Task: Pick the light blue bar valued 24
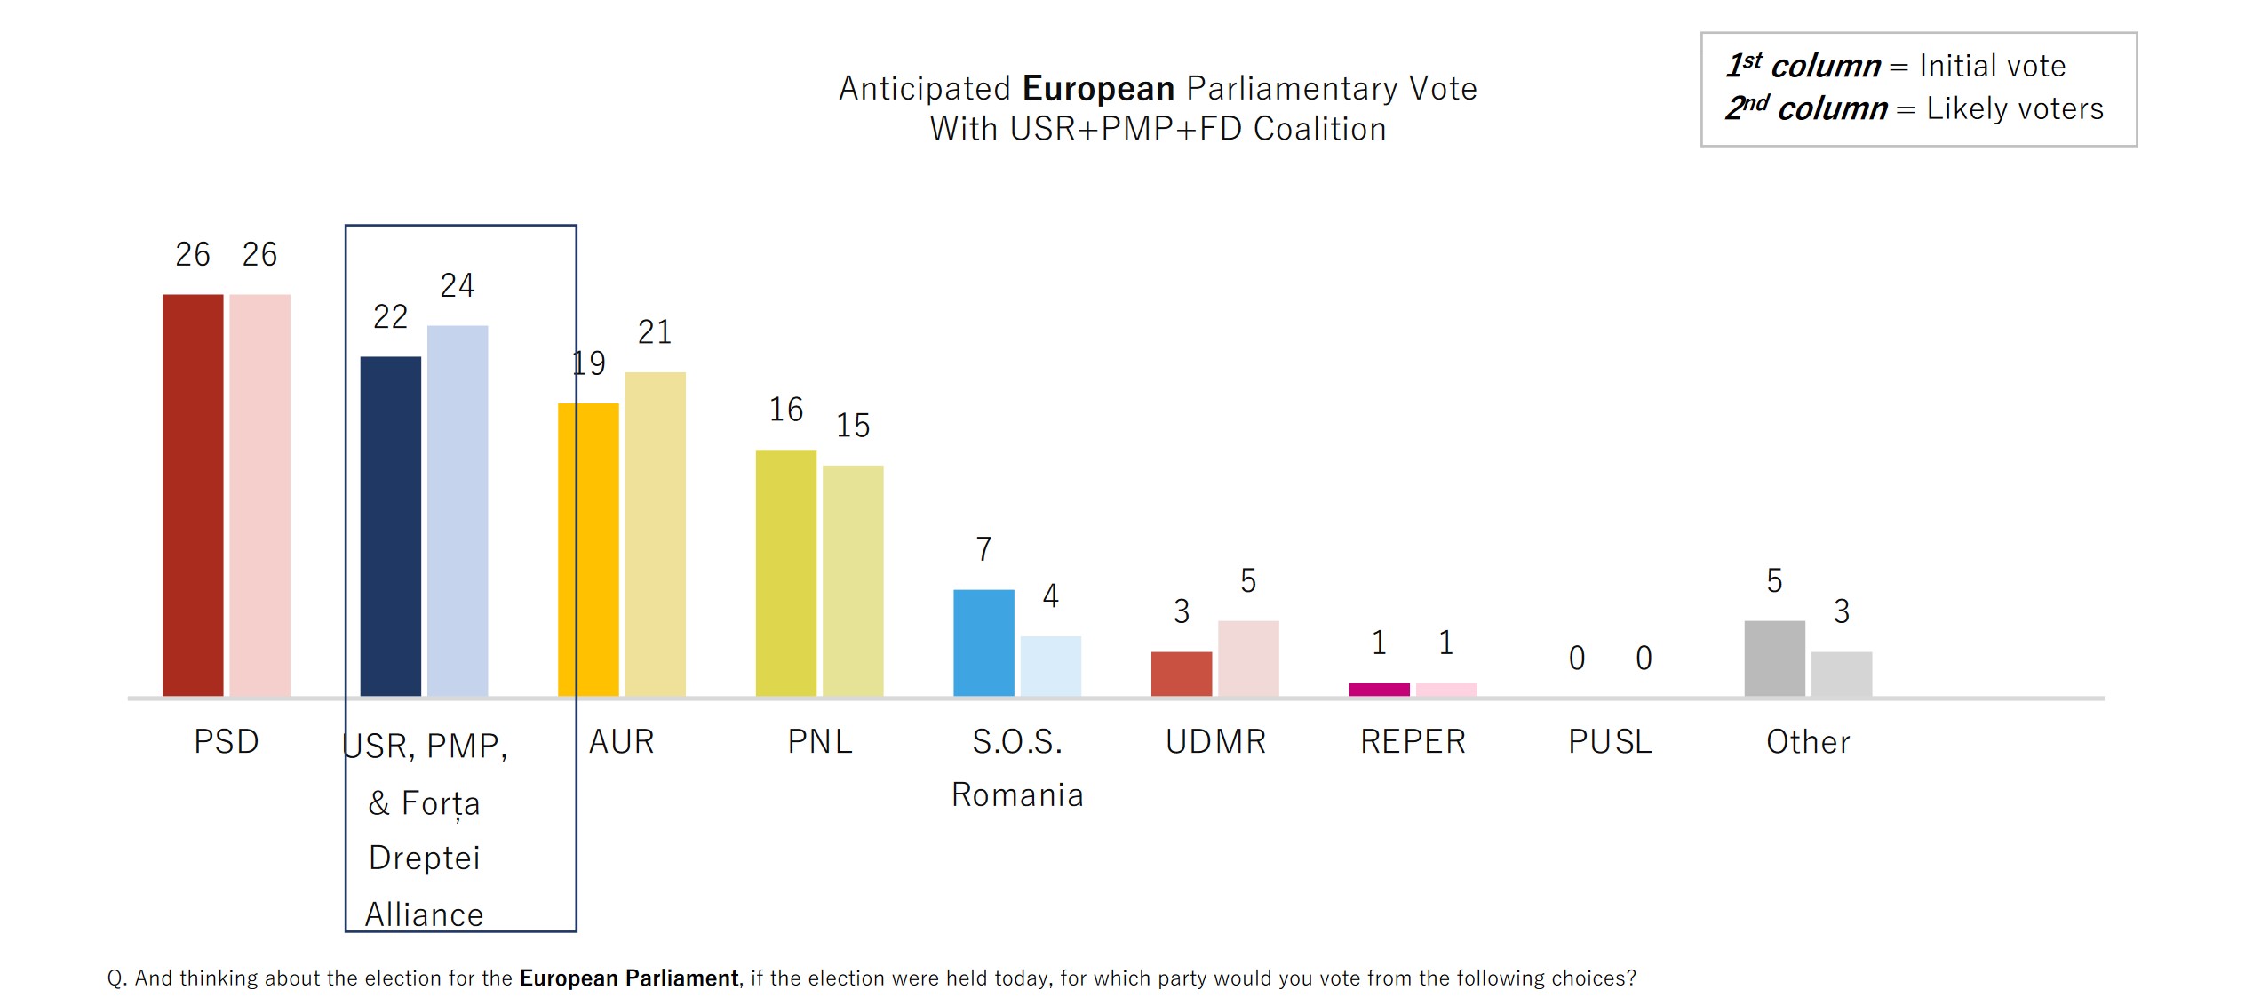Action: pos(458,510)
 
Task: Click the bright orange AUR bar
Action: pos(588,549)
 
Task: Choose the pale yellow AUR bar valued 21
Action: pos(655,533)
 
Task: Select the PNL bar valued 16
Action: pos(785,572)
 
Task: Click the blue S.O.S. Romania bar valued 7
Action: pos(983,642)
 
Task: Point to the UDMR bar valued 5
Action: pos(1248,658)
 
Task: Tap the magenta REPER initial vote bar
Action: pos(1379,689)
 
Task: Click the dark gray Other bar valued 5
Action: pos(1774,658)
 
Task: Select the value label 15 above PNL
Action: pos(853,426)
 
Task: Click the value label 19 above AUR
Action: pos(589,363)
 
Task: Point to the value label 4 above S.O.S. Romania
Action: pos(1051,595)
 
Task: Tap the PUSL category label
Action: pos(1610,741)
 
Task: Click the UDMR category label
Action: pos(1215,741)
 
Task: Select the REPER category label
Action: pos(1413,741)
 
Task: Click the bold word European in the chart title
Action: pos(1098,89)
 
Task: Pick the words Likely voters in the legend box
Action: pos(2014,108)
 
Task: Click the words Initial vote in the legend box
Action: pos(1992,66)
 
